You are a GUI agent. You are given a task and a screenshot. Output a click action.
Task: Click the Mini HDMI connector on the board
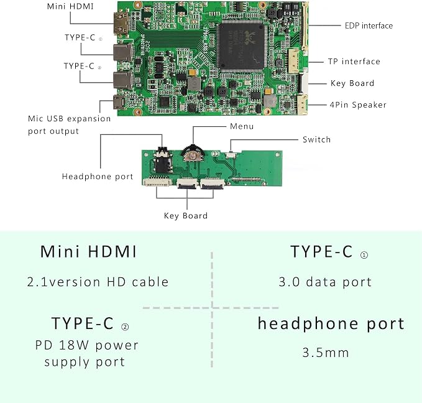point(121,24)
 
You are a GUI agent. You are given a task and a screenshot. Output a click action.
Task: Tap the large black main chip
point(241,47)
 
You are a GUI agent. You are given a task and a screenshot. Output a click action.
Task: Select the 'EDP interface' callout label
point(369,25)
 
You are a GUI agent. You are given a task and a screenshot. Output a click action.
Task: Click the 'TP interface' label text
point(354,62)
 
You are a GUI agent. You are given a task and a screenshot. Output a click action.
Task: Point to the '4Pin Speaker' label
point(358,104)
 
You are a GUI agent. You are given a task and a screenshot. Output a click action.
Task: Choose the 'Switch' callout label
point(316,139)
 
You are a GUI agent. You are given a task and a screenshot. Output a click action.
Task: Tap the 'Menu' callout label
point(242,126)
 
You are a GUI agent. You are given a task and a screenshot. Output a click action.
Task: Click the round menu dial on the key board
point(193,154)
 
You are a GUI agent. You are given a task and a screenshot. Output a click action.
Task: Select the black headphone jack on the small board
point(162,162)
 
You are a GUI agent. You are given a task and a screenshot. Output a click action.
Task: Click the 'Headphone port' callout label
point(98,177)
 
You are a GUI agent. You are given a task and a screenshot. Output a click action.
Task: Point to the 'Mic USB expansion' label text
point(69,119)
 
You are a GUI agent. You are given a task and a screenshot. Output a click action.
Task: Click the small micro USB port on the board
point(119,102)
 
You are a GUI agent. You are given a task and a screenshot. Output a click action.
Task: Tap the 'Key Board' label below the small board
point(186,216)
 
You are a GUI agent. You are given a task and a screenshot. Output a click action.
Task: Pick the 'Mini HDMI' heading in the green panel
point(88,251)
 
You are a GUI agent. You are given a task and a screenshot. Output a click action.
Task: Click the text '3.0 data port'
point(325,282)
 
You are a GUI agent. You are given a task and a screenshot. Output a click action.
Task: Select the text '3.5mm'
point(326,353)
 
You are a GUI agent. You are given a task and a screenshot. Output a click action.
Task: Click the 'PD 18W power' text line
point(86,345)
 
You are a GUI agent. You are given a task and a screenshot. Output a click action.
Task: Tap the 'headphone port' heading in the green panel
point(331,324)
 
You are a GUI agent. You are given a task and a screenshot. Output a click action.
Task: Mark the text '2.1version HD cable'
point(98,282)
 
